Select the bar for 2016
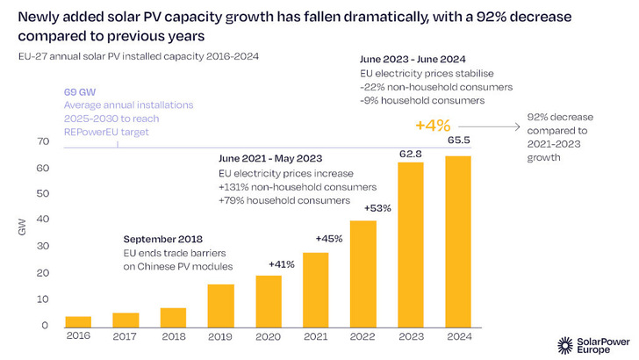79,321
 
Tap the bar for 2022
363,273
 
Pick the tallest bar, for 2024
458,241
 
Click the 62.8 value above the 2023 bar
411,153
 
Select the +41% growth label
269,264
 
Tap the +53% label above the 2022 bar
363,209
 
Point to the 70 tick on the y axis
40,141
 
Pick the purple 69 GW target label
80,92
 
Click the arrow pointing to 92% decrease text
492,126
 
